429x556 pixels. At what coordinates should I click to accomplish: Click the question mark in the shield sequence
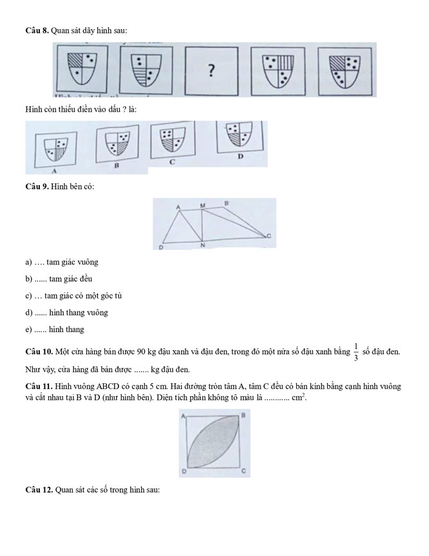pyautogui.click(x=211, y=70)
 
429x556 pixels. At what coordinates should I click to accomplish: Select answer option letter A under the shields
pyautogui.click(x=55, y=172)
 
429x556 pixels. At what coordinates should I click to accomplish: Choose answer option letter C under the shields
pyautogui.click(x=173, y=162)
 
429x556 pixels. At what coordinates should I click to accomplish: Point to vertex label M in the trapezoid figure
pyautogui.click(x=202, y=206)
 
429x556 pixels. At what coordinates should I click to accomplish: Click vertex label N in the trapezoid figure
pyautogui.click(x=202, y=246)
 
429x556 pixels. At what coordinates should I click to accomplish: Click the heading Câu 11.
pyautogui.click(x=39, y=386)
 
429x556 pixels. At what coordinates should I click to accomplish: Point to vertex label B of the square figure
pyautogui.click(x=243, y=416)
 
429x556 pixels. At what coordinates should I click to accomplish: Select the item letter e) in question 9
pyautogui.click(x=29, y=330)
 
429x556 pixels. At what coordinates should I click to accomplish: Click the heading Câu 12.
pyautogui.click(x=39, y=491)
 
